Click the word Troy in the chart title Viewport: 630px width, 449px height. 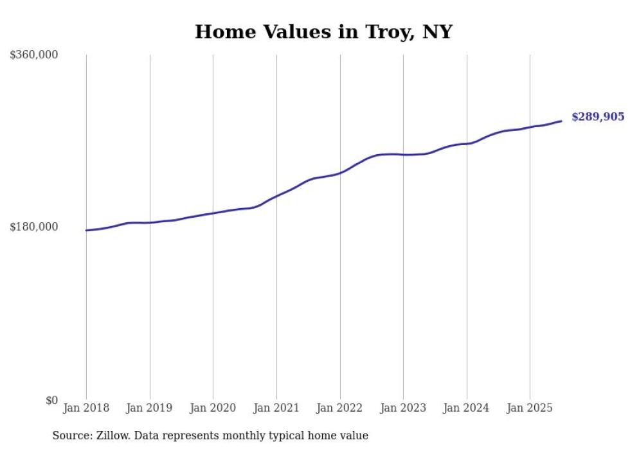coord(377,31)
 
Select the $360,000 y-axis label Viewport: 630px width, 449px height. coord(34,55)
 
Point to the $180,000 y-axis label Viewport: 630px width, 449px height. coord(34,227)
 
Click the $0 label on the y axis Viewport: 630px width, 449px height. coord(51,400)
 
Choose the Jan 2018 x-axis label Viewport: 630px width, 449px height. coord(86,408)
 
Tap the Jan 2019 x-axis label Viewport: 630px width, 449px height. coord(150,408)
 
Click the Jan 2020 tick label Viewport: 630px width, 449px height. coord(213,408)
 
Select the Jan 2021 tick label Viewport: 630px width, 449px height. coord(276,408)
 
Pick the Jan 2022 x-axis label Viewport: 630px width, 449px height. coord(340,408)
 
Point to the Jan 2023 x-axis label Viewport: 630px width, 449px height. coord(403,408)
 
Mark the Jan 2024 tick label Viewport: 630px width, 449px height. coord(467,408)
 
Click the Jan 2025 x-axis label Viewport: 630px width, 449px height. coord(530,408)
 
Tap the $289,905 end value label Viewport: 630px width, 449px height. coord(598,117)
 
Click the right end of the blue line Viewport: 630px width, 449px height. coord(561,121)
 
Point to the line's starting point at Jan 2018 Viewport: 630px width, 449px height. coord(86,230)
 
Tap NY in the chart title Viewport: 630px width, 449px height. coord(437,31)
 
